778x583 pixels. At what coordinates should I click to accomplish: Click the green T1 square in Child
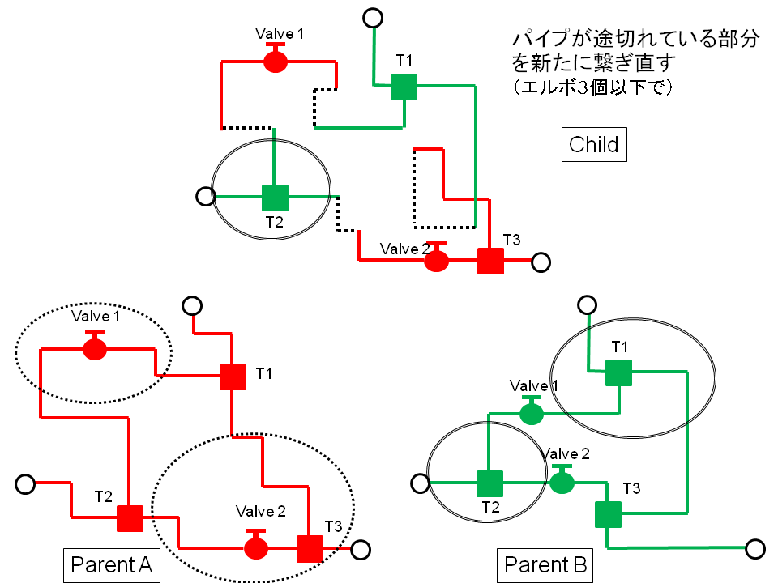coord(404,87)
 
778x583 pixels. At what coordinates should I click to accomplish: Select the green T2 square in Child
coord(275,197)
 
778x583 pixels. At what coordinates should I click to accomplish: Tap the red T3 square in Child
coord(490,261)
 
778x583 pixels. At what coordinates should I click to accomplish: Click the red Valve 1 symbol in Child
coord(276,61)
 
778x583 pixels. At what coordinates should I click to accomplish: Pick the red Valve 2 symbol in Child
coord(437,259)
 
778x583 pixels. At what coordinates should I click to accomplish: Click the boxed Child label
coord(593,145)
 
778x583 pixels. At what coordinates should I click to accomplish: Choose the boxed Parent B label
coord(545,564)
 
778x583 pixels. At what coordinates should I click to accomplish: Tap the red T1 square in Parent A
coord(233,377)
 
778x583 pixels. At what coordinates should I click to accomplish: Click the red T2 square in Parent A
coord(130,517)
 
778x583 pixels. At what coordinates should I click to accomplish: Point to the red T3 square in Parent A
coord(310,548)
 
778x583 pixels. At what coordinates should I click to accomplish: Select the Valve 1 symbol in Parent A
coord(95,348)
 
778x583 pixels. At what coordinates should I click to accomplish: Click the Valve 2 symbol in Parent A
coord(256,547)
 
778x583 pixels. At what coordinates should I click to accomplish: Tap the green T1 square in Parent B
coord(618,372)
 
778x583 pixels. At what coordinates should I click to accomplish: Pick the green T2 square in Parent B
coord(489,484)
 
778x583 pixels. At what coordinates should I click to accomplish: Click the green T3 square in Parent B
coord(608,514)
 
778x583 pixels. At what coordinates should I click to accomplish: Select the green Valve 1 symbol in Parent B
coord(531,413)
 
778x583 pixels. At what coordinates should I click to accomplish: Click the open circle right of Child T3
coord(541,262)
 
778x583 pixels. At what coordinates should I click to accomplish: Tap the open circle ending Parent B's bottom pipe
coord(754,549)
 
